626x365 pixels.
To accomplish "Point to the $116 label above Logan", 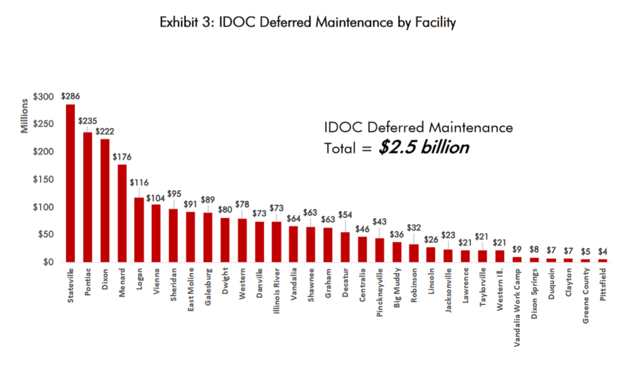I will click(x=139, y=182).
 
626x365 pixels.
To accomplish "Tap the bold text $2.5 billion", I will click(x=423, y=148).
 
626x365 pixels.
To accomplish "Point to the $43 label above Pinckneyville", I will click(x=379, y=222).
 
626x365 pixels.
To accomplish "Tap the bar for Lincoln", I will click(x=430, y=254).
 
